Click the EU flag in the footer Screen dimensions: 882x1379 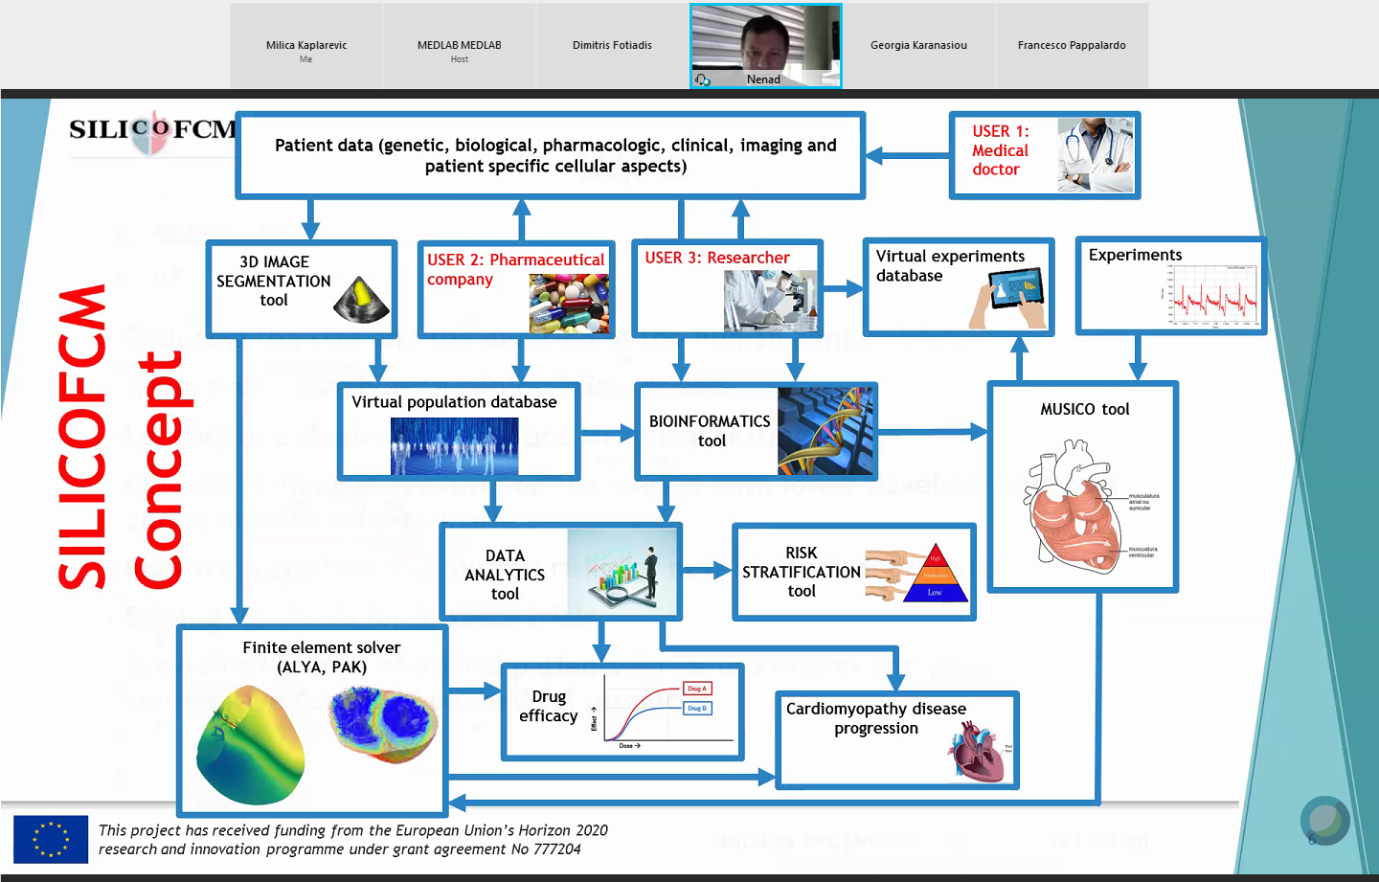[51, 840]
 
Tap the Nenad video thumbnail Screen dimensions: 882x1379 [765, 46]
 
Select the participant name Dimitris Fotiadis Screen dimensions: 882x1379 [612, 45]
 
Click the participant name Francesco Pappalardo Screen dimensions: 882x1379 [1072, 45]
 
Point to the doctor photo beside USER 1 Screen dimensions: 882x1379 [1096, 155]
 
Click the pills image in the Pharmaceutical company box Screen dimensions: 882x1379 [569, 303]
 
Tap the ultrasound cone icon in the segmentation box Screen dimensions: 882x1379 [361, 300]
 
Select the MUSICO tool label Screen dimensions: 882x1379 [1084, 410]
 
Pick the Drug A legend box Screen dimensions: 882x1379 [696, 689]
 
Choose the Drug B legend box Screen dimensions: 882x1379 [696, 709]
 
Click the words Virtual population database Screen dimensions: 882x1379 [454, 402]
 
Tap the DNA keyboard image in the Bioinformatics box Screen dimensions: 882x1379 [825, 431]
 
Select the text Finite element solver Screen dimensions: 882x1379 [321, 648]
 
